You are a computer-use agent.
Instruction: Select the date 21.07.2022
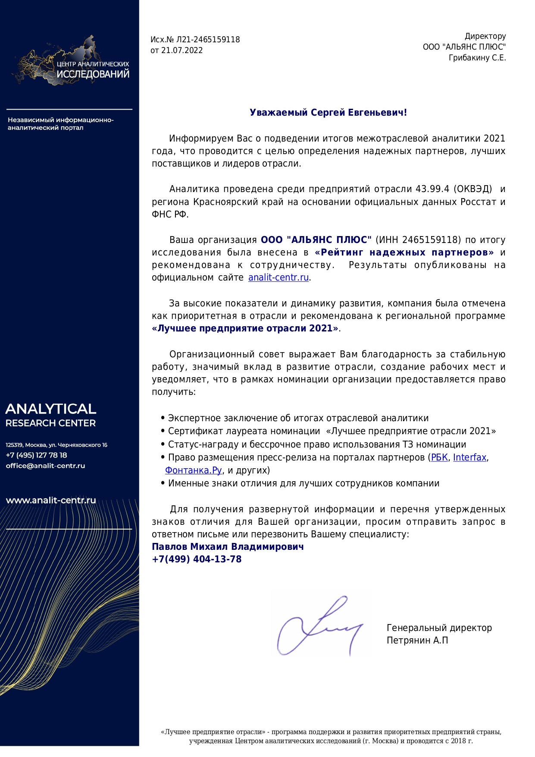click(181, 50)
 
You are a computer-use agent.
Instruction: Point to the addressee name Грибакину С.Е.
click(477, 58)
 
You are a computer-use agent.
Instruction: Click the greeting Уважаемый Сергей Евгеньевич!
click(328, 113)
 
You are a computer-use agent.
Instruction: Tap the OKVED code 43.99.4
click(432, 189)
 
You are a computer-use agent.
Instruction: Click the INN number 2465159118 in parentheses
click(431, 240)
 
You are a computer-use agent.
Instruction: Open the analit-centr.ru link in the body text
click(278, 278)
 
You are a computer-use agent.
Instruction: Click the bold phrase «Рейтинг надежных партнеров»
click(404, 252)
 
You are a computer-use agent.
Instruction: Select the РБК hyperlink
click(439, 457)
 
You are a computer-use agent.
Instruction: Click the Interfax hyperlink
click(469, 457)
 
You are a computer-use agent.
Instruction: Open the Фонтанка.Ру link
click(194, 470)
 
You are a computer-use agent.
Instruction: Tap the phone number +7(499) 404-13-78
click(197, 559)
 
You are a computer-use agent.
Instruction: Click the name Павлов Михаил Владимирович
click(228, 547)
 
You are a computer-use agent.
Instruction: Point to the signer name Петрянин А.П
click(417, 640)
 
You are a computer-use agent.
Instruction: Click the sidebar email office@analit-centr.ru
click(45, 466)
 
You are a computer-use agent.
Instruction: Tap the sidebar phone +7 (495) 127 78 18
click(36, 455)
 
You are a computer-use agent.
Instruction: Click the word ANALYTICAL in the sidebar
click(50, 409)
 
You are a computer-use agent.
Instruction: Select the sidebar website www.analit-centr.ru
click(50, 501)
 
